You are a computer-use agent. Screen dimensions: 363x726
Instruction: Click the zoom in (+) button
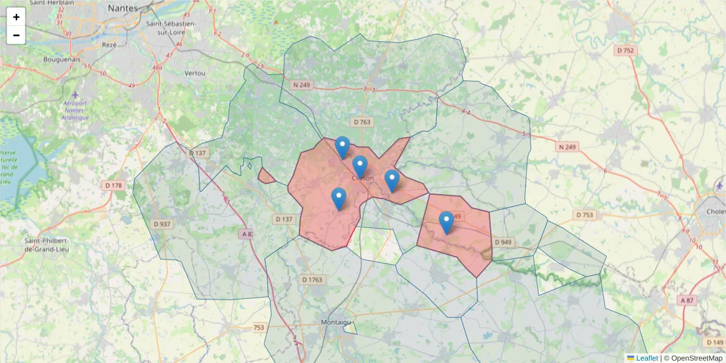pos(16,17)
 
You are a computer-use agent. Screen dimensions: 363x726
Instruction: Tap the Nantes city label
pos(123,8)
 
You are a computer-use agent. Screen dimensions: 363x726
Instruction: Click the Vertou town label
pos(195,73)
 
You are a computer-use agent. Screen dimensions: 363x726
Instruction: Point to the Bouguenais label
pos(62,59)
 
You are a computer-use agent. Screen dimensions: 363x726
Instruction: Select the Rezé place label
pos(110,45)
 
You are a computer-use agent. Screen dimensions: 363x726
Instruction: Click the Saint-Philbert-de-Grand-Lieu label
pos(46,244)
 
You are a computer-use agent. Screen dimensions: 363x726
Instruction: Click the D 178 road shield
pos(113,185)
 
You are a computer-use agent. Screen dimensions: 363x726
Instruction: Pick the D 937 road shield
pos(162,224)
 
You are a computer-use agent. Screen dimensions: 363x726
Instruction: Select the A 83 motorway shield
pos(246,234)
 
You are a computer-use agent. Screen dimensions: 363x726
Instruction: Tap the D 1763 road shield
pos(312,280)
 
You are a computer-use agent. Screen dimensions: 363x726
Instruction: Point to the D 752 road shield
pos(626,50)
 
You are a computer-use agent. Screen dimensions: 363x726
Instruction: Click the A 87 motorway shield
pos(687,300)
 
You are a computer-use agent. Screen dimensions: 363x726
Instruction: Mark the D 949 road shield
pos(503,242)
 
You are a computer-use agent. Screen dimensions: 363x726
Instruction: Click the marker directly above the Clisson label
pos(360,165)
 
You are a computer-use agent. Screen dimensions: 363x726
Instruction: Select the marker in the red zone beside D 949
pos(446,221)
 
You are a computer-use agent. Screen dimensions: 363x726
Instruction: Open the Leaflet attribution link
pos(646,358)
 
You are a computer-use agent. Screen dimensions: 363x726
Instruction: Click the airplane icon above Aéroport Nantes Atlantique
pos(74,94)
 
